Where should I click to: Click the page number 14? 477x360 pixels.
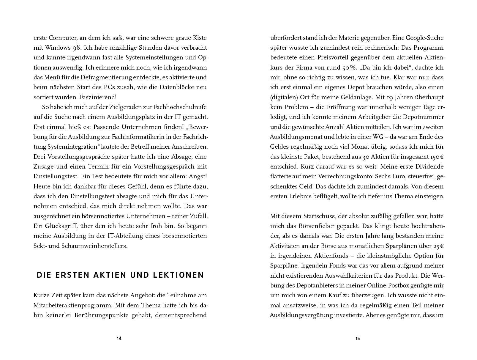click(119, 339)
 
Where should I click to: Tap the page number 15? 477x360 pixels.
click(358, 339)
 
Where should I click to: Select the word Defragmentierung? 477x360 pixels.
click(103, 77)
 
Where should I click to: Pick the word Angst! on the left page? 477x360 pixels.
click(198, 176)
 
